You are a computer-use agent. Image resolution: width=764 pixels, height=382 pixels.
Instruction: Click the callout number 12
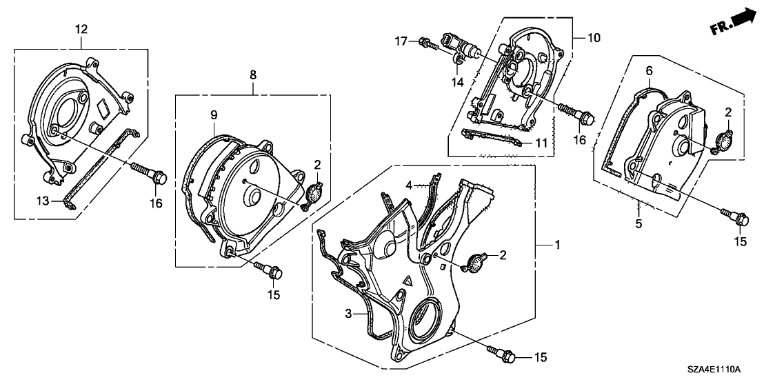[x=82, y=30]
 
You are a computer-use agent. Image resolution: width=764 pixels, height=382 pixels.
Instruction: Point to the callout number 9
[x=214, y=114]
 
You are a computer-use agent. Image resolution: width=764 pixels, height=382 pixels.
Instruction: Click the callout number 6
[x=648, y=72]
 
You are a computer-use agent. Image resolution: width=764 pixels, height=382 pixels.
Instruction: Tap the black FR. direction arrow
[x=733, y=20]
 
